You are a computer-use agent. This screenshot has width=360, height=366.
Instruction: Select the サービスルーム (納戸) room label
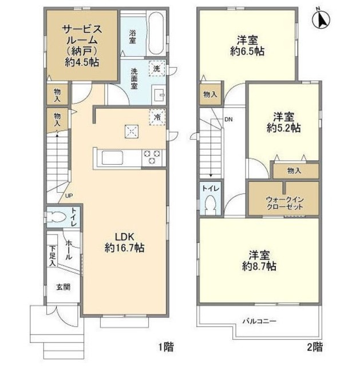(x=82, y=46)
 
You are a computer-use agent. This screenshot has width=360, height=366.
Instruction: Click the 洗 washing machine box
(x=157, y=69)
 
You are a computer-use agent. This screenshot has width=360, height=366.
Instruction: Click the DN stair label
(x=228, y=120)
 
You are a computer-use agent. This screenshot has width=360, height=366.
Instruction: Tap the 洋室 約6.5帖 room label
(x=248, y=45)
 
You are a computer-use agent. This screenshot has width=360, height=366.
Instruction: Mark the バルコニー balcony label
(x=258, y=321)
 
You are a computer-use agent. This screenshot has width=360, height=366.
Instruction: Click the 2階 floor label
(x=314, y=346)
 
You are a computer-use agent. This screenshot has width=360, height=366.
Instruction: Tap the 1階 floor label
(x=165, y=346)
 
